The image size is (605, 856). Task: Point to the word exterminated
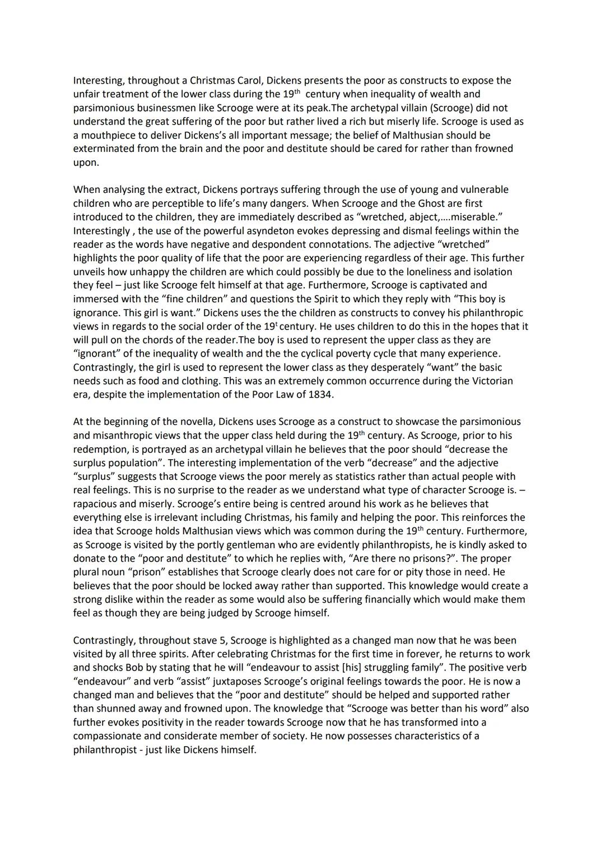click(x=103, y=149)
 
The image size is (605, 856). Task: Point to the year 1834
click(x=318, y=395)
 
